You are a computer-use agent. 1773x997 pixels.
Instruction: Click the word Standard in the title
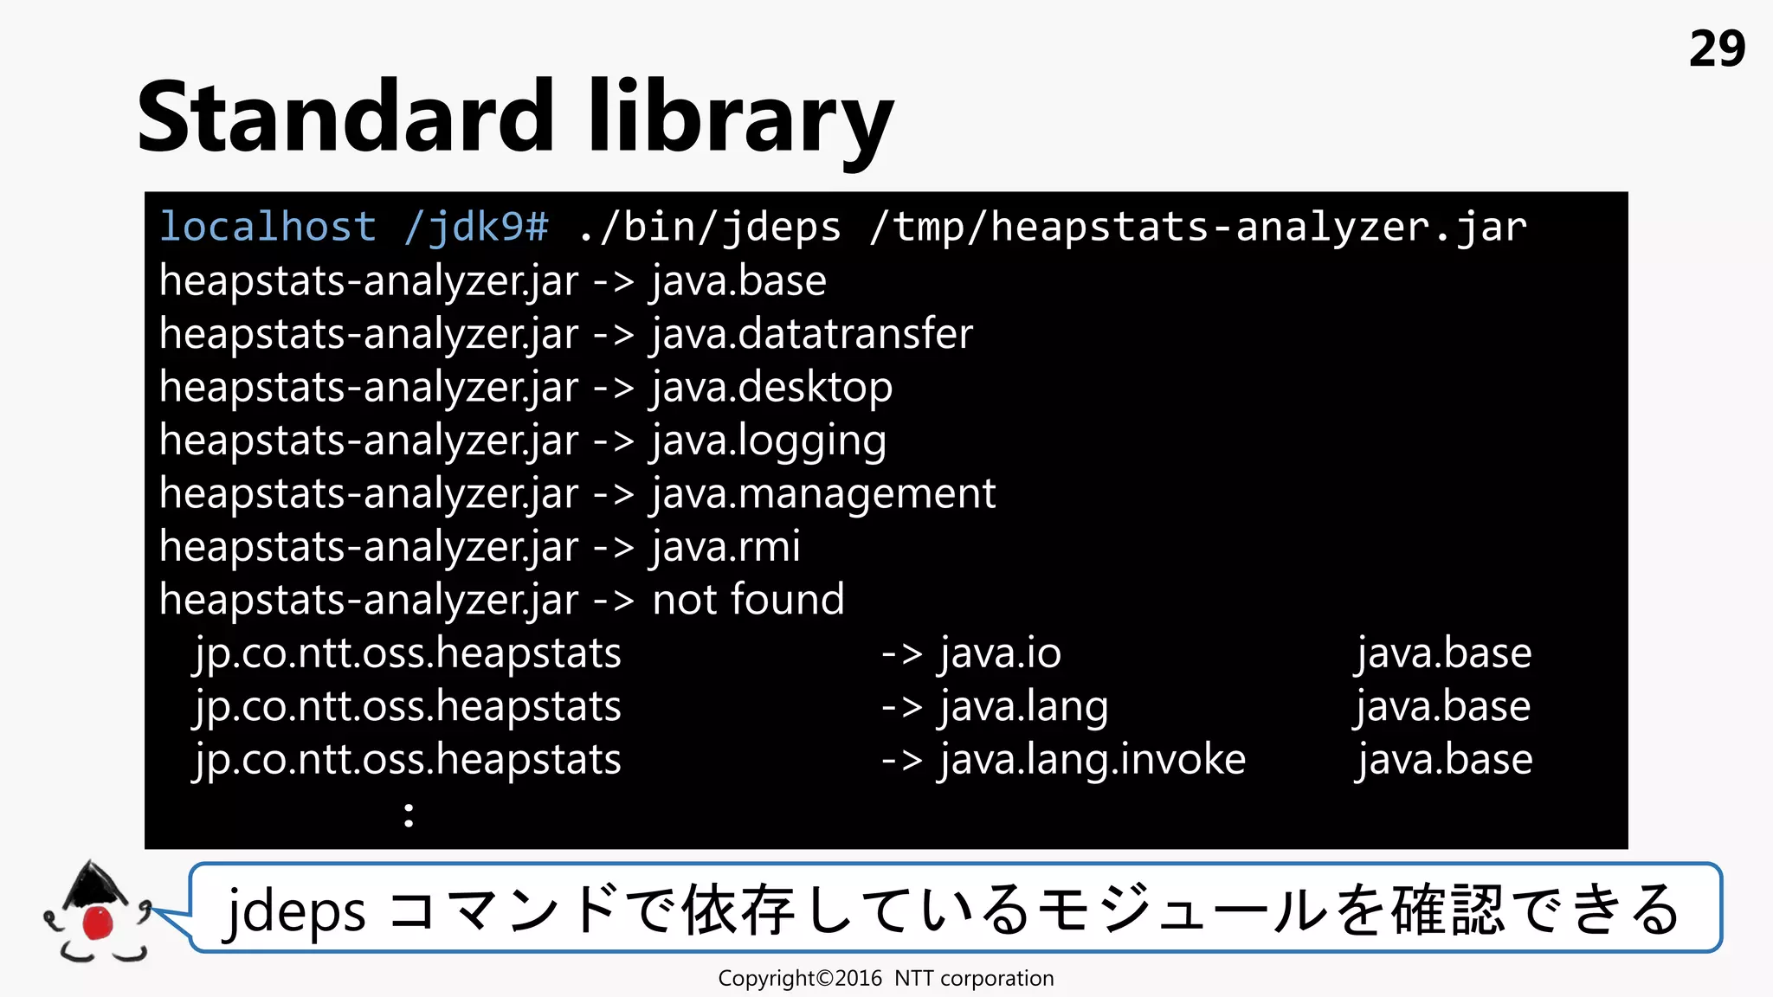click(x=345, y=117)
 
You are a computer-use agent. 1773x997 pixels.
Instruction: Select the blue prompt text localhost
click(x=268, y=227)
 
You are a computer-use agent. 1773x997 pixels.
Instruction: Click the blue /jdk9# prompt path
click(x=476, y=227)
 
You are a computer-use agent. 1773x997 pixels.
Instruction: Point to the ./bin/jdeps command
click(x=709, y=227)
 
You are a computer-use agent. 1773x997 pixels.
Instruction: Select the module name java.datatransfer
click(x=812, y=334)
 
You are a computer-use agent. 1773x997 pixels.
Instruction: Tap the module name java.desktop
click(x=771, y=388)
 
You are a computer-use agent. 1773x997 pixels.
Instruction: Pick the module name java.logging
click(x=769, y=441)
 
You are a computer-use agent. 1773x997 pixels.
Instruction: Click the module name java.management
click(x=823, y=494)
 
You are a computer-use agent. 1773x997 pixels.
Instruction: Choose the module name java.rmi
click(x=726, y=547)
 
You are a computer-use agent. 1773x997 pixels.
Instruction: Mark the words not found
click(x=748, y=600)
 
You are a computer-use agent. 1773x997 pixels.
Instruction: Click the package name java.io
click(x=1000, y=653)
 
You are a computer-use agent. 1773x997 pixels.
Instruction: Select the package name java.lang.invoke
click(x=1093, y=760)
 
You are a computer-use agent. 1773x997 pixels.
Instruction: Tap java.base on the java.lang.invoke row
click(x=1444, y=760)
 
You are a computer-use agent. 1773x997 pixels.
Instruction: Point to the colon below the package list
click(x=409, y=814)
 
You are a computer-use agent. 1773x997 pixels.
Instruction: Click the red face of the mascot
click(x=97, y=923)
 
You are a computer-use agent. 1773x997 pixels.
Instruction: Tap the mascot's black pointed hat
click(x=92, y=884)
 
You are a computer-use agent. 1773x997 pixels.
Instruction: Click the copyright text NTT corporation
click(x=974, y=979)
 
